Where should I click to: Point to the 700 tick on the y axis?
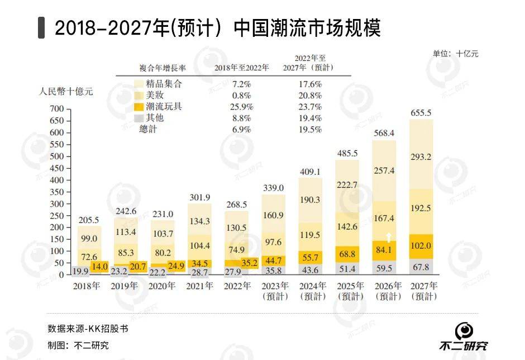click(x=58, y=108)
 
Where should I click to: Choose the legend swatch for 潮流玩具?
click(x=139, y=107)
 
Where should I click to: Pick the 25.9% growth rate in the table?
click(x=241, y=107)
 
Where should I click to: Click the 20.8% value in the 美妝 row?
click(x=311, y=95)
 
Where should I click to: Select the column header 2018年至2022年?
click(x=241, y=68)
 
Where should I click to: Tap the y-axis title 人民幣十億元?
click(x=66, y=92)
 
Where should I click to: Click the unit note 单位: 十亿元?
click(x=455, y=54)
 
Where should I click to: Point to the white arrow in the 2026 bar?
click(x=388, y=237)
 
